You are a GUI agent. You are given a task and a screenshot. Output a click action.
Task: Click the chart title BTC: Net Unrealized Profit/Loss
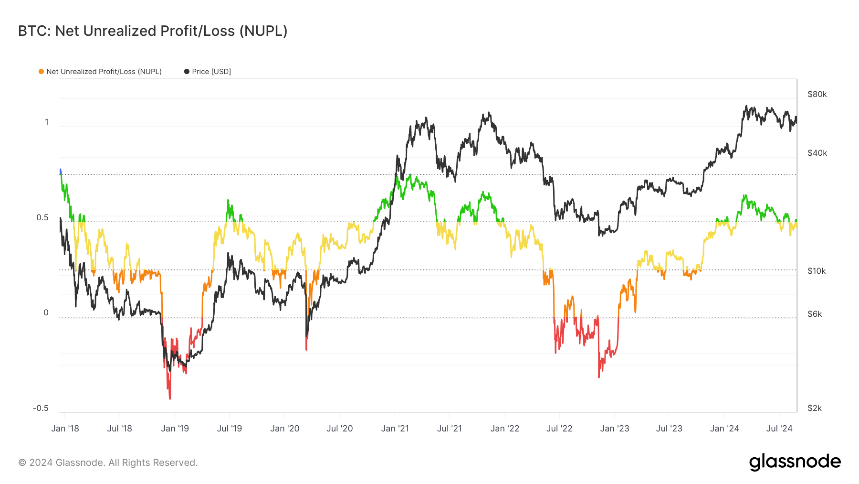click(x=153, y=31)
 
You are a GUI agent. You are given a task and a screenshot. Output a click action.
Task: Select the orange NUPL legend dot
click(x=42, y=72)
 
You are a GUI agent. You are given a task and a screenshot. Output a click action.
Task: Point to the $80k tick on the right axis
click(x=817, y=94)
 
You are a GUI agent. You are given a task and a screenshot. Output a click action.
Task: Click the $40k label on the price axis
click(x=817, y=153)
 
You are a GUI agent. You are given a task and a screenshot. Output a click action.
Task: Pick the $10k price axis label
click(x=816, y=271)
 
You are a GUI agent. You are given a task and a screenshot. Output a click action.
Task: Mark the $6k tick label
click(x=815, y=314)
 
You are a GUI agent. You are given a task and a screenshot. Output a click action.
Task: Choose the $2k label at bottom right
click(x=815, y=408)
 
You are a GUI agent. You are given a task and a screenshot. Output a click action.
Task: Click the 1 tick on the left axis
click(x=47, y=122)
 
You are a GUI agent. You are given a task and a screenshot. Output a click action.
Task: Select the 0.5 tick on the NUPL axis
click(x=42, y=217)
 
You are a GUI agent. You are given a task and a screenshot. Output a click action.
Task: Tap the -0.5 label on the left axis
click(x=41, y=408)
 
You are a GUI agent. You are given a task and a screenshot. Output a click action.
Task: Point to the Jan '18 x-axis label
click(x=65, y=429)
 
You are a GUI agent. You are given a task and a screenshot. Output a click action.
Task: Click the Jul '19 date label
click(x=230, y=429)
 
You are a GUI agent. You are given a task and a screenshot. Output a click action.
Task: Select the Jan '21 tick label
click(x=395, y=429)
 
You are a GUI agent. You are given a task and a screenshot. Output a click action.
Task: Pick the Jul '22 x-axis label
click(x=559, y=429)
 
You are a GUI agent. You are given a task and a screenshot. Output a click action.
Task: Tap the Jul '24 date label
click(x=779, y=429)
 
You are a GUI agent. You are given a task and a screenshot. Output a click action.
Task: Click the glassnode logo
click(x=795, y=462)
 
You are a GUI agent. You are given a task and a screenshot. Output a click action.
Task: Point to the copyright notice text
click(x=108, y=462)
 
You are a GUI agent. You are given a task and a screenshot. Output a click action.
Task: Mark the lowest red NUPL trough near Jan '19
click(x=170, y=398)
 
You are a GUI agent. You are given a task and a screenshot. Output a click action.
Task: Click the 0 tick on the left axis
click(x=46, y=312)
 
